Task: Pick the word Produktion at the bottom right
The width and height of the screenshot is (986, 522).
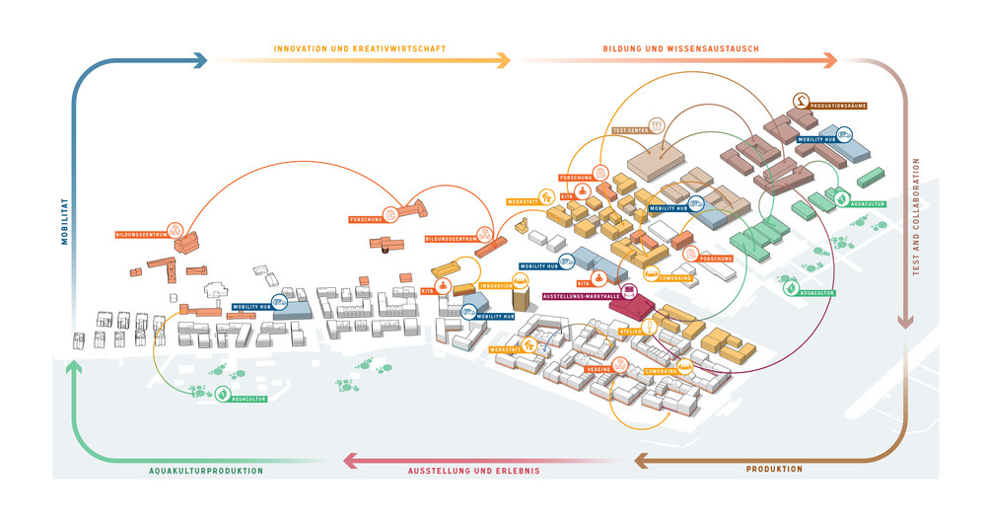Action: pos(774,469)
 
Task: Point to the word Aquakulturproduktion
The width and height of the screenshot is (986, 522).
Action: pos(206,471)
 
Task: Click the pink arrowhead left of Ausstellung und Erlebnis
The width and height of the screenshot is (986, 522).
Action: pos(349,460)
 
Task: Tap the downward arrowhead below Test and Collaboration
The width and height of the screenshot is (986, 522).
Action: pos(904,321)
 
